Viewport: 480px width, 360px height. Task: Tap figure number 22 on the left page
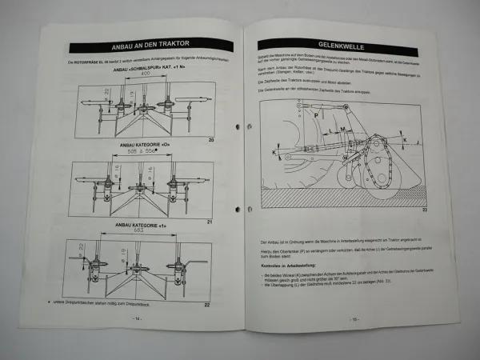[x=206, y=305]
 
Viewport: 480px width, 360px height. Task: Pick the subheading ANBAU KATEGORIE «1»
[x=141, y=226]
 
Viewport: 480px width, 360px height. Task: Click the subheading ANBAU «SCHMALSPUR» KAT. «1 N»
[x=143, y=67]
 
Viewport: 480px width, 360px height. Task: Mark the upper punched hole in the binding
[x=238, y=127]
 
